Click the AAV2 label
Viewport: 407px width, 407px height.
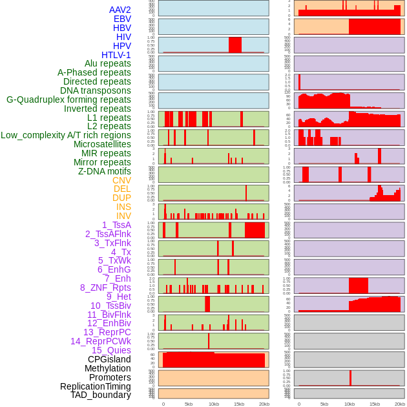pyautogui.click(x=120, y=10)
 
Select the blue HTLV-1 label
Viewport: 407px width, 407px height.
pyautogui.click(x=116, y=55)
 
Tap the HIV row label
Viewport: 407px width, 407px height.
pyautogui.click(x=123, y=37)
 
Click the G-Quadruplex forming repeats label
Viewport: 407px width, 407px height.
pyautogui.click(x=68, y=99)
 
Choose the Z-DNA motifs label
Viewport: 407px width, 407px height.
pyautogui.click(x=104, y=171)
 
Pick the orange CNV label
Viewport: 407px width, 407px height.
pyautogui.click(x=121, y=180)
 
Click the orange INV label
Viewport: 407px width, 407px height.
pyautogui.click(x=123, y=216)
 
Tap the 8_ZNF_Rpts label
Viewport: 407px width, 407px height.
pyautogui.click(x=105, y=287)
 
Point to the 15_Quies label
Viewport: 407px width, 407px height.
pyautogui.click(x=111, y=350)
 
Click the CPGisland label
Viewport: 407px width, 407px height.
pyautogui.click(x=109, y=359)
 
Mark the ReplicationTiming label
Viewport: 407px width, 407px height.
pyautogui.click(x=95, y=386)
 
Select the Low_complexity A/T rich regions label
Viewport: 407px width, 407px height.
pyautogui.click(x=66, y=135)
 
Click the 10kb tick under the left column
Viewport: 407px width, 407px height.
pyautogui.click(x=213, y=404)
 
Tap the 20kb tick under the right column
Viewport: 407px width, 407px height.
pyautogui.click(x=400, y=404)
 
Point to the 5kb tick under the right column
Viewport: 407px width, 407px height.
pyautogui.click(x=324, y=404)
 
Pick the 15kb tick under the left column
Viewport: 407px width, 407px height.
pyautogui.click(x=238, y=404)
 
